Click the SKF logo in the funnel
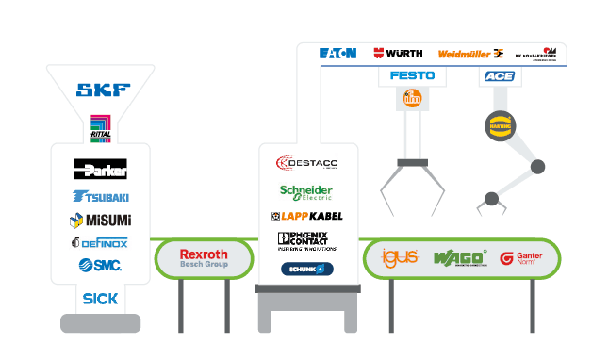coord(103,90)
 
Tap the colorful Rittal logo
coord(101,127)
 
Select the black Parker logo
coord(101,171)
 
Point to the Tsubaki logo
coord(101,196)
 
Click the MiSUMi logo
coord(101,220)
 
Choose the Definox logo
coord(100,242)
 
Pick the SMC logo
coord(100,265)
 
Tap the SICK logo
coord(100,298)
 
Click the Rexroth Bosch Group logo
coord(204,258)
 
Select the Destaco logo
coord(306,163)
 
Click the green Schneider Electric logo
coord(306,191)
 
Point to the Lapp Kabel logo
coord(306,216)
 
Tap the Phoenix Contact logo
coord(306,241)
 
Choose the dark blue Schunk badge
coord(306,269)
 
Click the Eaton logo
coord(337,54)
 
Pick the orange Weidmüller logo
coord(470,54)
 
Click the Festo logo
coord(412,75)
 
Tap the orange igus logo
coord(395,256)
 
